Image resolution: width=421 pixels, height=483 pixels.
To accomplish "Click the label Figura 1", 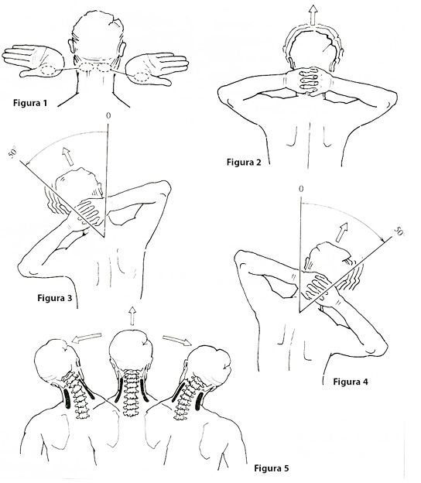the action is click(x=30, y=103).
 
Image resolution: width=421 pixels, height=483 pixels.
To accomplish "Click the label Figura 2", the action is click(x=244, y=162).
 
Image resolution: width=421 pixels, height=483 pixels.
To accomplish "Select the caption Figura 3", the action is click(x=55, y=298).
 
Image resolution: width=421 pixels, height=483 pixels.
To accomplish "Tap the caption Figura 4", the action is click(x=351, y=382).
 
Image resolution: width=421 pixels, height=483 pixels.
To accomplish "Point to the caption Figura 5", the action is click(x=272, y=468).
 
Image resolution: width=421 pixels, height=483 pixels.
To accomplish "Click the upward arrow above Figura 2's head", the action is click(x=313, y=15).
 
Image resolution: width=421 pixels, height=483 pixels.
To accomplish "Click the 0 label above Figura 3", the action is click(x=108, y=116).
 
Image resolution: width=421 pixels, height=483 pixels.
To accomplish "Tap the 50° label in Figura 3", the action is click(x=13, y=152).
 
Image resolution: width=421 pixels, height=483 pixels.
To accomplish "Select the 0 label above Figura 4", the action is click(x=301, y=189).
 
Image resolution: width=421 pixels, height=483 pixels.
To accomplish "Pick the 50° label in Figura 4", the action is click(x=399, y=231).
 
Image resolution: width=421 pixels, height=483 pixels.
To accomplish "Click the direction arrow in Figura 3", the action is click(x=68, y=156).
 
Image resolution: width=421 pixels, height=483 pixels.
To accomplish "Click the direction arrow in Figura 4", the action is click(x=341, y=232).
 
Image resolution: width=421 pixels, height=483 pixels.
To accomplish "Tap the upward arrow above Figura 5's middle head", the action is click(x=132, y=316).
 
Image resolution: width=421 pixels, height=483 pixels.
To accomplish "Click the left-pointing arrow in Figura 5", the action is click(x=86, y=337).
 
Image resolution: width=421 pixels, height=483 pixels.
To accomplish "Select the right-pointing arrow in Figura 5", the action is click(x=177, y=341).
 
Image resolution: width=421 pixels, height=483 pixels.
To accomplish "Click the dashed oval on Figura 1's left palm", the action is click(x=49, y=70).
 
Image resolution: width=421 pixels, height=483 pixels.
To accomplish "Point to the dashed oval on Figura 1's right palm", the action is click(x=142, y=77).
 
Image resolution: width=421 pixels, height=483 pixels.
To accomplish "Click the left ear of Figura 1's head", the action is click(x=71, y=46).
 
